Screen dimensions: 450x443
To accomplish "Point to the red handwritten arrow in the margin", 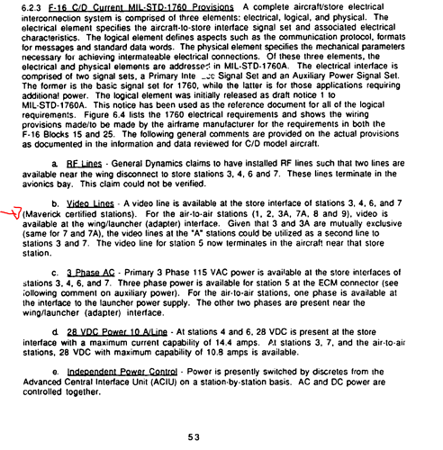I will pyautogui.click(x=13, y=211).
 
